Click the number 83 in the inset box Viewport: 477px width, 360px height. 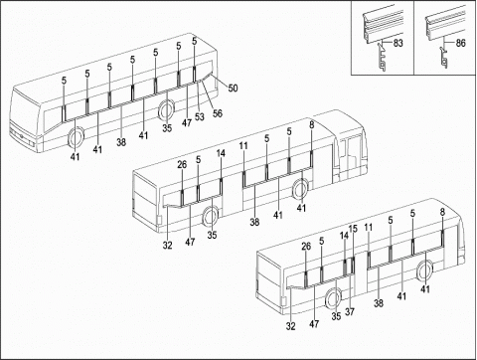[398, 43]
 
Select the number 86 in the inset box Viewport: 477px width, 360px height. [460, 43]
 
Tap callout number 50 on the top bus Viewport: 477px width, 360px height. [233, 89]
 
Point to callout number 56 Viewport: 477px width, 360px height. [218, 113]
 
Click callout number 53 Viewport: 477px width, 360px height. [200, 116]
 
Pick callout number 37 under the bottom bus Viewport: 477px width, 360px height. [350, 311]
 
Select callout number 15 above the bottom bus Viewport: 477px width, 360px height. [353, 229]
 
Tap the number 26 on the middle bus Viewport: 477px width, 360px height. [182, 164]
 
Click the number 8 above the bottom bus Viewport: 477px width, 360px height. [442, 212]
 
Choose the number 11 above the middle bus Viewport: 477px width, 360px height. [243, 146]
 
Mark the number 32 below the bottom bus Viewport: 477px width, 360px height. [290, 326]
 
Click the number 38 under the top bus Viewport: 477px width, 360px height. [121, 142]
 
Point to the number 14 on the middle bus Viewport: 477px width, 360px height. [221, 153]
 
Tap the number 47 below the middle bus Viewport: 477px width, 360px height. [190, 242]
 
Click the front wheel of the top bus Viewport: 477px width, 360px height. [77, 138]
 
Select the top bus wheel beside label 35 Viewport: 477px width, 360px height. [166, 108]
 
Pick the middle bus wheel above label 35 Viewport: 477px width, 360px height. [210, 217]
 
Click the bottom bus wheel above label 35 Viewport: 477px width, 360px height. [333, 298]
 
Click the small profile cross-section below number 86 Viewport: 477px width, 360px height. [444, 58]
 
